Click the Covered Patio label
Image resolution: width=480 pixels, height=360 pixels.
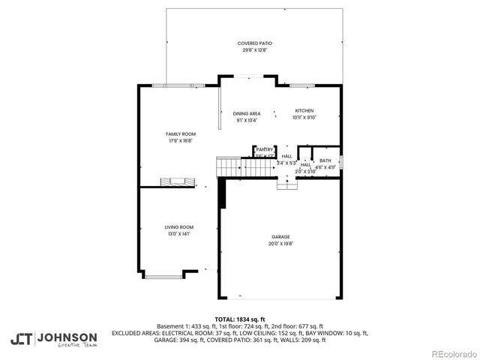click(x=254, y=43)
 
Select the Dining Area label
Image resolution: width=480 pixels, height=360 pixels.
click(x=246, y=113)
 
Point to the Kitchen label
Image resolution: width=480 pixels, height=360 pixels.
click(x=304, y=110)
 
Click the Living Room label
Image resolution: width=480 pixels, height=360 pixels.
click(x=179, y=226)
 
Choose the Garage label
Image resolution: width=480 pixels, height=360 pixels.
click(x=280, y=237)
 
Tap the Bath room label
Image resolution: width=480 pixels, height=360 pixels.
click(x=325, y=160)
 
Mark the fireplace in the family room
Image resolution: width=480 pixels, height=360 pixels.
click(x=177, y=182)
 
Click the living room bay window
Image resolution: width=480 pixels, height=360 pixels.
click(x=163, y=277)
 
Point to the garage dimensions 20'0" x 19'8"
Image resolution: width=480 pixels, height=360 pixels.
click(x=280, y=244)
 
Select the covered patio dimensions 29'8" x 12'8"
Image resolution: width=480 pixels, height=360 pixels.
click(x=254, y=50)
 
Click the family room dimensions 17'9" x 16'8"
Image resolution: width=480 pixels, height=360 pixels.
click(x=180, y=140)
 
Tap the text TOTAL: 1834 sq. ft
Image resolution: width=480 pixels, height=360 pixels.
click(x=239, y=319)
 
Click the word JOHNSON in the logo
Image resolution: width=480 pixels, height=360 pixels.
click(x=67, y=337)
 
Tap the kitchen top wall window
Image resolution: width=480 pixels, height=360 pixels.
click(x=302, y=85)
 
